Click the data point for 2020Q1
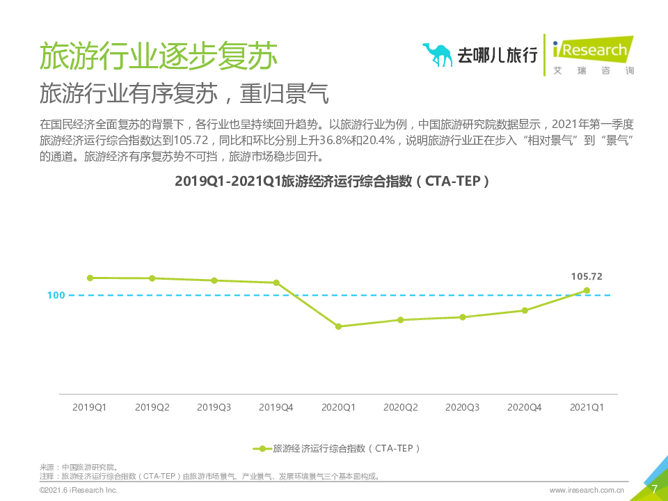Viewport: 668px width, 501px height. (x=338, y=326)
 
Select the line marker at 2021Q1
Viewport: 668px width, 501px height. (x=587, y=291)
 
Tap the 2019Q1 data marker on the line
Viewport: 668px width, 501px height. (x=90, y=278)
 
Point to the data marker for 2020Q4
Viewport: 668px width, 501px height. (x=525, y=310)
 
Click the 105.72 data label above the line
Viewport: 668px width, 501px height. (x=587, y=276)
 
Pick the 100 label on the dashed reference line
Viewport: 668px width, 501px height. (x=56, y=295)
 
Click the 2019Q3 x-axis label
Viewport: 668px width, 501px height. (x=214, y=407)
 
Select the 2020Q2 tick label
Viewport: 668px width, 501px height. (x=400, y=407)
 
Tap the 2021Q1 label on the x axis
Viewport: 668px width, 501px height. (x=587, y=407)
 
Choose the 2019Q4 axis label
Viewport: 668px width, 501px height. (x=276, y=407)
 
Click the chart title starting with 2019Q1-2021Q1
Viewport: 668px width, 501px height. (x=333, y=181)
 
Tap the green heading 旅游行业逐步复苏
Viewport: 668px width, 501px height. (x=158, y=55)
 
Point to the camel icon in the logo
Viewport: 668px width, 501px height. (x=437, y=54)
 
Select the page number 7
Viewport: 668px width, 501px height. (x=653, y=489)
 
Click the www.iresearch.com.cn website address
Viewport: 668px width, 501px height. (x=587, y=491)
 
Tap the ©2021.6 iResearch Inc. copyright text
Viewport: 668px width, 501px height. (x=78, y=491)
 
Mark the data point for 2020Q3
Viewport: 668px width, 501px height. (x=462, y=317)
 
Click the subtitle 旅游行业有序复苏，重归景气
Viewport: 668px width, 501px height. (x=184, y=94)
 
